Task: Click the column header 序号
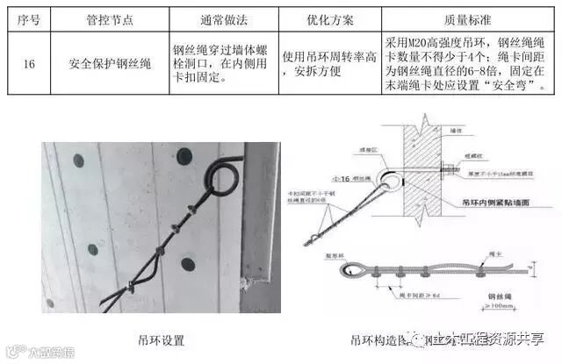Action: coord(24,18)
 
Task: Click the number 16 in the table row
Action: coord(24,63)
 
